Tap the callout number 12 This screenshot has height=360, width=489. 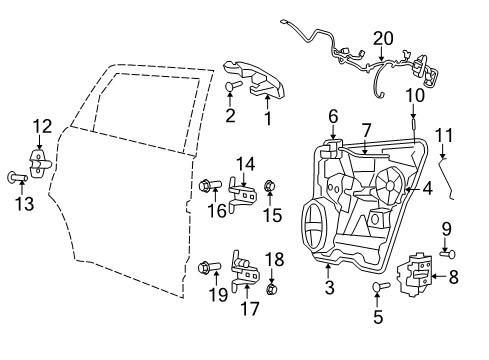click(x=41, y=126)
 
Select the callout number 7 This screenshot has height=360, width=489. click(x=367, y=130)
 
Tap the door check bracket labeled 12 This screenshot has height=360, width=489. click(x=38, y=162)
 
